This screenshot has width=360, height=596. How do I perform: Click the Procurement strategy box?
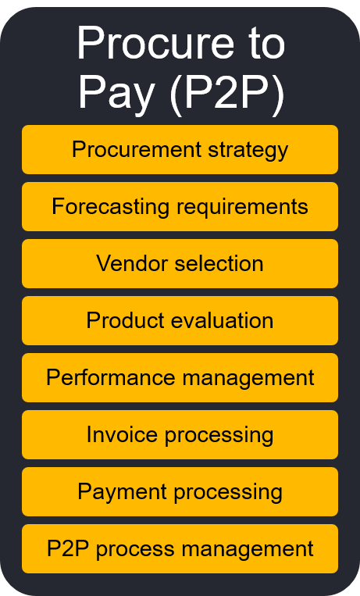[180, 149]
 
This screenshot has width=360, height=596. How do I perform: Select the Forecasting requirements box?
[180, 206]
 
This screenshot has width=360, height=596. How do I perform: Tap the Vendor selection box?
[180, 263]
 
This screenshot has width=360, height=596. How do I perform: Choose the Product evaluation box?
[180, 320]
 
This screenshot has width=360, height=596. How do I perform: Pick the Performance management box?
[180, 377]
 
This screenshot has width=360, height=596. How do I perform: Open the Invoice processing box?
[180, 434]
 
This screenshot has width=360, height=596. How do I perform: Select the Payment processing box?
[180, 491]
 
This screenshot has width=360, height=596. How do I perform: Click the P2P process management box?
[180, 548]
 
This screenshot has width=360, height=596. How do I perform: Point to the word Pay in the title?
[116, 94]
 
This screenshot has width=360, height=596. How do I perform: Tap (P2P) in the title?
[227, 93]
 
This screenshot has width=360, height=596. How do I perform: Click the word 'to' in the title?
[267, 44]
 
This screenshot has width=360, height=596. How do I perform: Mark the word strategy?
[248, 151]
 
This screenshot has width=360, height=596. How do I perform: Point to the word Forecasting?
[111, 208]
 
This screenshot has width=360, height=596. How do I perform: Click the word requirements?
[242, 208]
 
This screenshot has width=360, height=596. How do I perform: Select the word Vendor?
[132, 263]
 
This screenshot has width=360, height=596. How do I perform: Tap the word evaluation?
[222, 320]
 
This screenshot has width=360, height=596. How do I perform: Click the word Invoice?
[122, 434]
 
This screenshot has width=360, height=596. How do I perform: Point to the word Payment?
[122, 493]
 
